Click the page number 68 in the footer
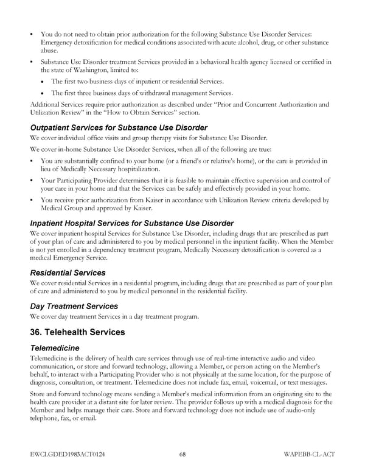pos(182,454)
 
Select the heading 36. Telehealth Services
pos(77,332)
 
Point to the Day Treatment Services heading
pos(74,305)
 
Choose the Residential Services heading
pos(68,272)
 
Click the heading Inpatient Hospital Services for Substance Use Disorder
pos(131,223)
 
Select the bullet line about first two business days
pos(137,81)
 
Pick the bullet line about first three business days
pos(142,93)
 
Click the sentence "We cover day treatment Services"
pos(113,316)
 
